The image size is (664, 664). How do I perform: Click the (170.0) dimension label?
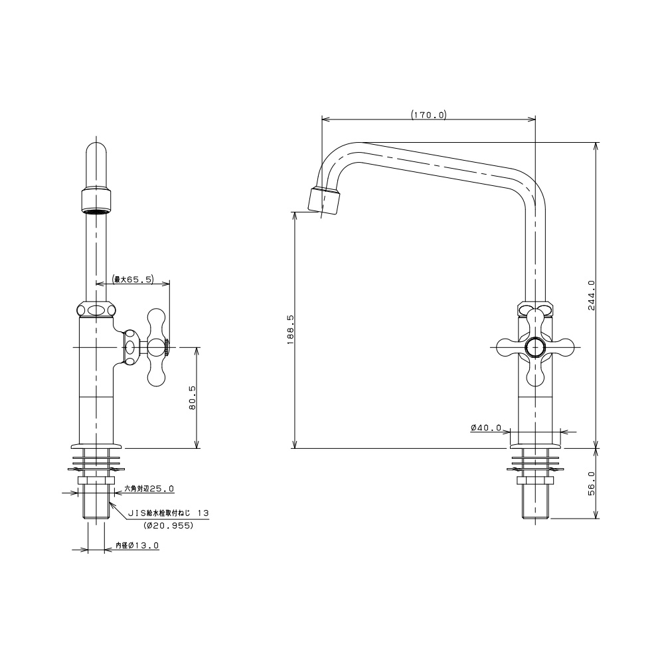(428, 114)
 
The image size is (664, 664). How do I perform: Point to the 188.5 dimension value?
(291, 329)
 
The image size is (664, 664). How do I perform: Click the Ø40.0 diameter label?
(486, 428)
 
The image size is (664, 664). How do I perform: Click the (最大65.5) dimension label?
(133, 279)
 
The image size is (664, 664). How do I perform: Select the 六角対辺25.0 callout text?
(149, 489)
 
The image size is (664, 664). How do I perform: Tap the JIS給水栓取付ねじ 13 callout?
(169, 513)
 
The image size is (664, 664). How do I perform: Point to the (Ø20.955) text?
(169, 525)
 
